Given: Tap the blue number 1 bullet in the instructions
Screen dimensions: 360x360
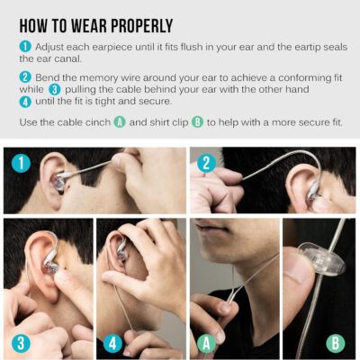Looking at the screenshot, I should click(x=25, y=44).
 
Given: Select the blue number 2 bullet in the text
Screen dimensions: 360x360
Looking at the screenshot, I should click(x=25, y=76).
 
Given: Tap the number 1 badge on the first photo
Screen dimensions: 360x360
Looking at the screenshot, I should click(x=21, y=164).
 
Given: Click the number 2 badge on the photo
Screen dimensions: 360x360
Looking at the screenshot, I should click(x=207, y=164).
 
